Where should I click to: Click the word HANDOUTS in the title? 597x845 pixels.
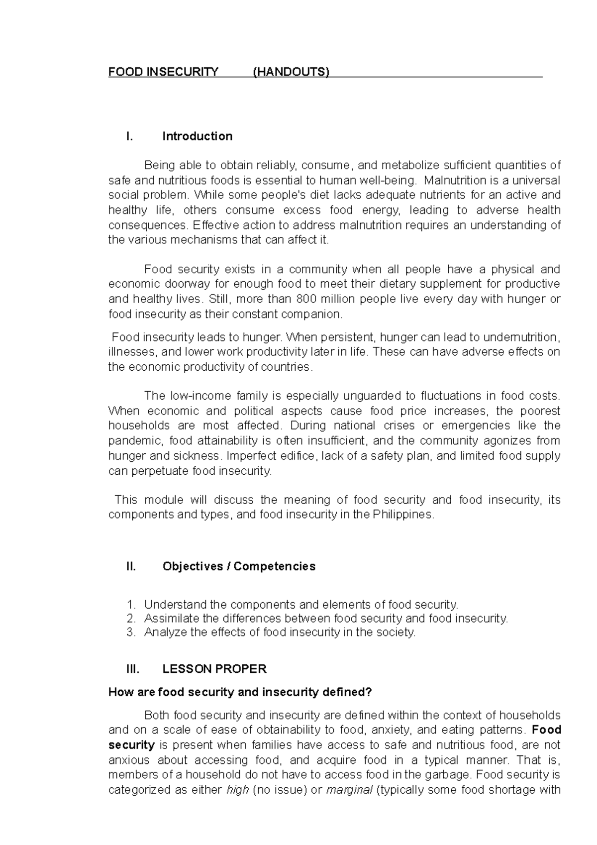[x=291, y=72]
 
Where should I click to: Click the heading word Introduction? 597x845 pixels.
[x=197, y=136]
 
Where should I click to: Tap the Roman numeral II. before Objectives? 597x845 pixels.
[x=131, y=566]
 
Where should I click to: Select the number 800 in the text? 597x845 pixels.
[x=305, y=299]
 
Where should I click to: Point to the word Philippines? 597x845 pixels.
[x=403, y=515]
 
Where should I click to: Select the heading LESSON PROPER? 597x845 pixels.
[x=214, y=669]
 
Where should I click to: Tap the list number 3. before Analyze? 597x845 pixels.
[x=131, y=633]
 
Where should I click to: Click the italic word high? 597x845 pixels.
[x=237, y=790]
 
